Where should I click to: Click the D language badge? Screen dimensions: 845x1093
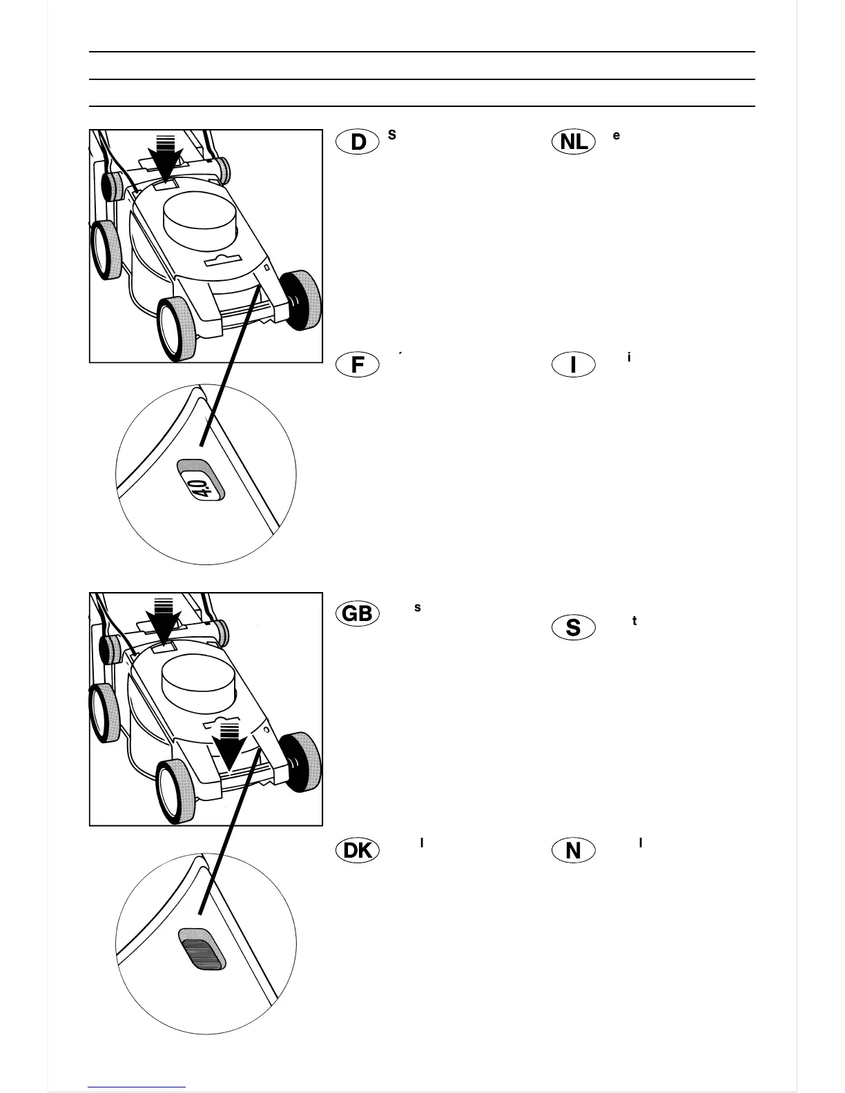pyautogui.click(x=358, y=141)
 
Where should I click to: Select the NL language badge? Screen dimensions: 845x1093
pyautogui.click(x=574, y=141)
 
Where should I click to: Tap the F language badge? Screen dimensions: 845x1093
pyautogui.click(x=358, y=364)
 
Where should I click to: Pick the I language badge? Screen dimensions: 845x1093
pyautogui.click(x=574, y=364)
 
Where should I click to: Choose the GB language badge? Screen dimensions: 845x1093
pyautogui.click(x=358, y=613)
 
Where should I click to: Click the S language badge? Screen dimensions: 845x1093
pyautogui.click(x=574, y=627)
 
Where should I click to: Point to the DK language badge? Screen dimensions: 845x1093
pyautogui.click(x=358, y=850)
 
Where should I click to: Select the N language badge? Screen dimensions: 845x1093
pyautogui.click(x=574, y=850)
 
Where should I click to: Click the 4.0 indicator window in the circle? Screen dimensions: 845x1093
pyautogui.click(x=201, y=480)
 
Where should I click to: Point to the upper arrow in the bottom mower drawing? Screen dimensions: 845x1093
pyautogui.click(x=164, y=620)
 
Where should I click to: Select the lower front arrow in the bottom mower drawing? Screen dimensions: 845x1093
pyautogui.click(x=229, y=746)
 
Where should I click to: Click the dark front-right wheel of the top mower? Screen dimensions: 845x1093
pyautogui.click(x=300, y=299)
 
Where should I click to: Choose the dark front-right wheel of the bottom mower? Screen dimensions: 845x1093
pyautogui.click(x=300, y=761)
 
